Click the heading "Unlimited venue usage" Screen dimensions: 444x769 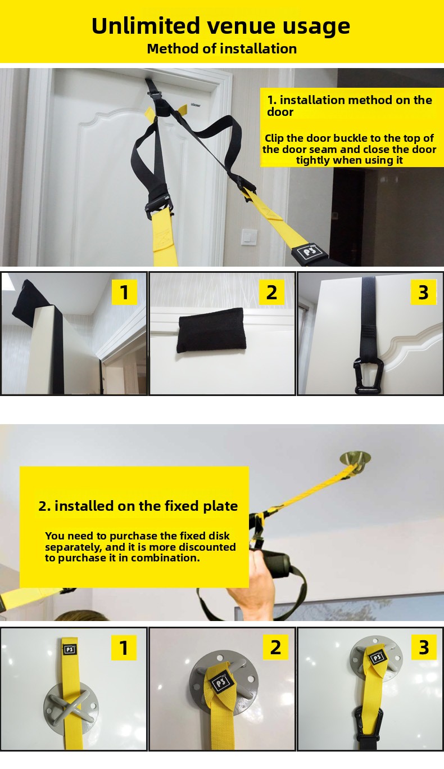point(221,26)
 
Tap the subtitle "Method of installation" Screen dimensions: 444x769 point(222,49)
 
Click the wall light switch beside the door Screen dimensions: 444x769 point(249,237)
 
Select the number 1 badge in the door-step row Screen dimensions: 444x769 point(124,292)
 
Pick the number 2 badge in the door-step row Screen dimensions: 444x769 point(271,292)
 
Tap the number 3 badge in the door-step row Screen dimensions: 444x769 point(423,292)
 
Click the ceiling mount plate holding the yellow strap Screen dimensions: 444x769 point(355,459)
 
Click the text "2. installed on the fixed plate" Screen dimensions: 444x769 point(138,506)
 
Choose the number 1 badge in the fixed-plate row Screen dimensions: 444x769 point(124,647)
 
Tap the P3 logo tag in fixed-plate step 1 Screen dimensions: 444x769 point(70,649)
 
